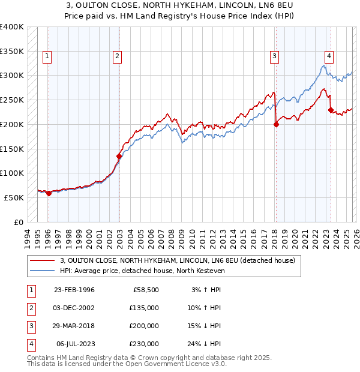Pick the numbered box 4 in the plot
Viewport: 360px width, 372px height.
(x=329, y=56)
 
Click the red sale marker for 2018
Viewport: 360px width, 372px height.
(x=276, y=125)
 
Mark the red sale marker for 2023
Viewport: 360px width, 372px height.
(x=330, y=110)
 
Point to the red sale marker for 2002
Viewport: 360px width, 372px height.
(x=119, y=156)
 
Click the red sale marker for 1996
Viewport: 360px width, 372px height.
(x=49, y=193)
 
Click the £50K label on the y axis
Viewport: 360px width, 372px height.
(x=14, y=197)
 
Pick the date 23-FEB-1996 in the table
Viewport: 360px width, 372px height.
(x=74, y=290)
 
